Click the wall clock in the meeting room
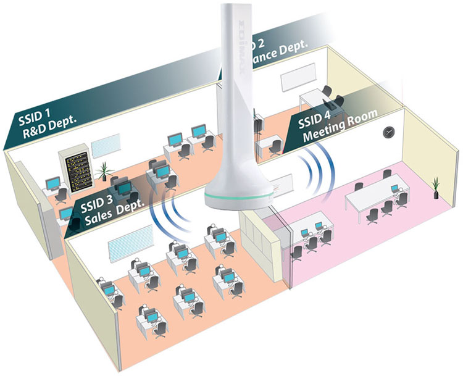pyautogui.click(x=388, y=131)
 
